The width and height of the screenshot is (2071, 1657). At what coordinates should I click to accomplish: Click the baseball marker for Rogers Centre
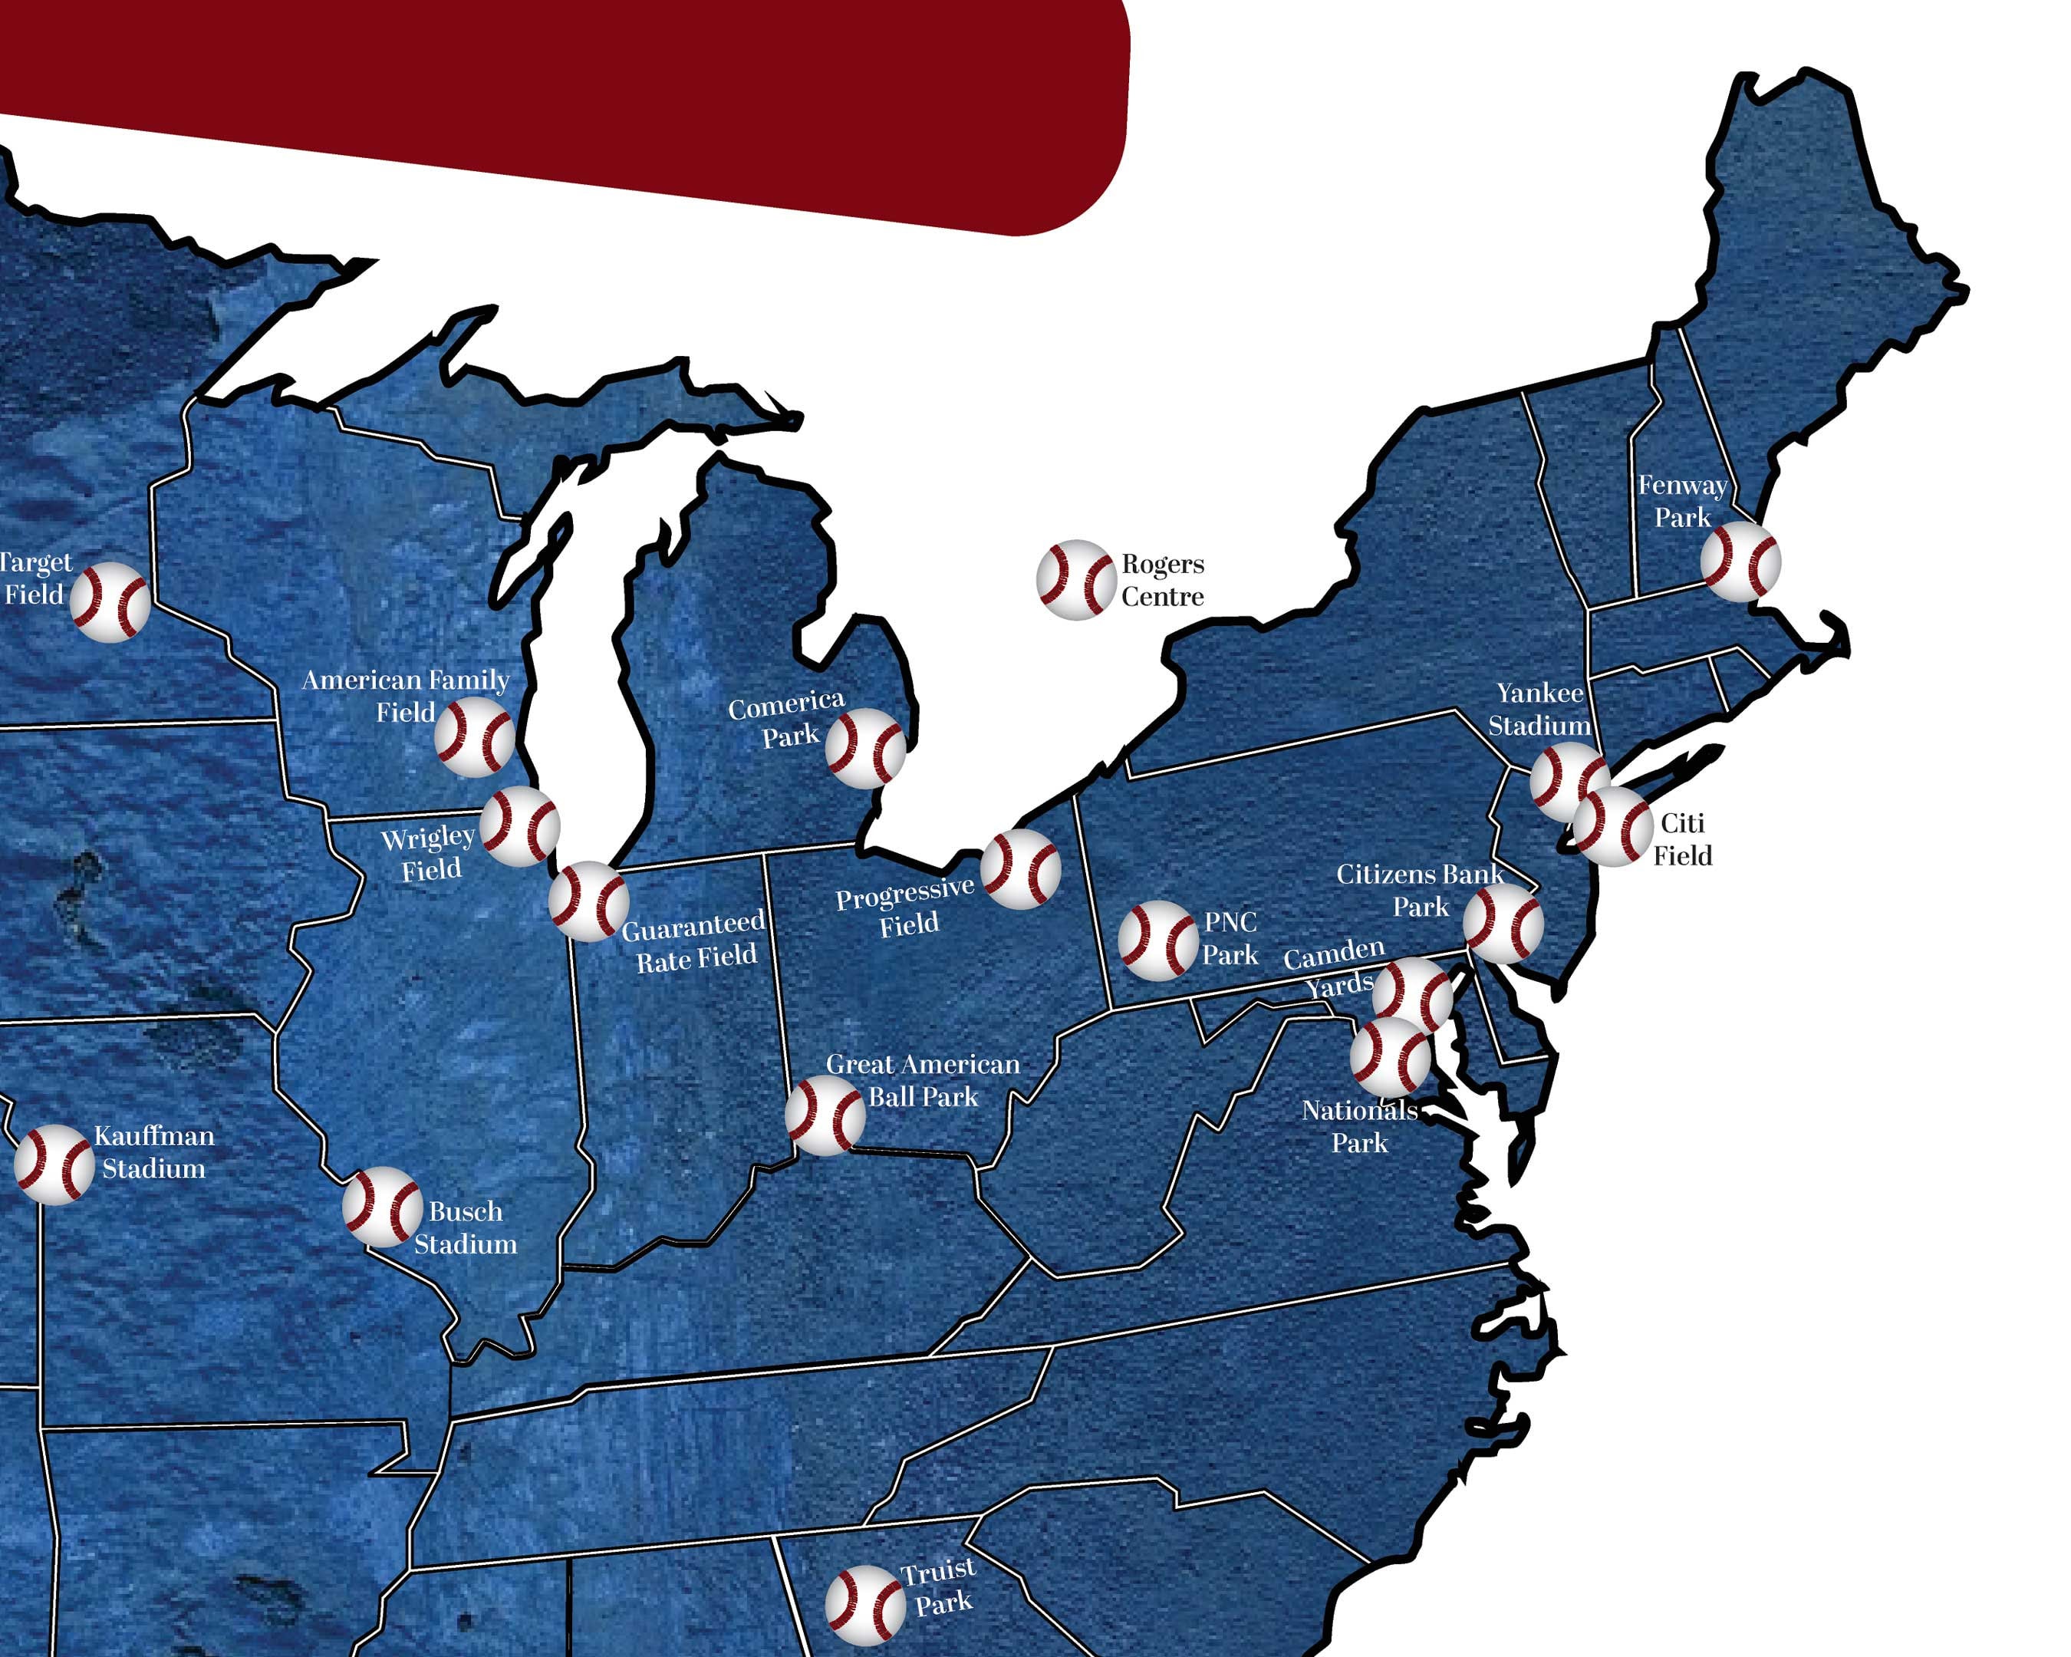[1076, 579]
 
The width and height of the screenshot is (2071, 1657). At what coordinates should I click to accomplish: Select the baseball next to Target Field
[110, 602]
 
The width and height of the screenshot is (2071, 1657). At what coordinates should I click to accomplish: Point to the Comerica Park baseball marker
[865, 748]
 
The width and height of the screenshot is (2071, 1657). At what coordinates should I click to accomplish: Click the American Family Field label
[405, 696]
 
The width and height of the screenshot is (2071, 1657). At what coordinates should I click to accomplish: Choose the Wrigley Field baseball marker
[520, 826]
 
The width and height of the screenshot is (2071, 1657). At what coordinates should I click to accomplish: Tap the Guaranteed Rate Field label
[694, 941]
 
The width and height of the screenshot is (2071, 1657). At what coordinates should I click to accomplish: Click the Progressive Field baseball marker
[1021, 869]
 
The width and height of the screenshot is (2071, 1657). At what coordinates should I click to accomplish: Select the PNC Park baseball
[1158, 941]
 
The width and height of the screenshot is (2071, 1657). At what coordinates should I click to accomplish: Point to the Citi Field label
[1682, 838]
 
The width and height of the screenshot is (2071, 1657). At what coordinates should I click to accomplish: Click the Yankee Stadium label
[1539, 709]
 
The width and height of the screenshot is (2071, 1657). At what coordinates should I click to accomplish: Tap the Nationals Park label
[1359, 1127]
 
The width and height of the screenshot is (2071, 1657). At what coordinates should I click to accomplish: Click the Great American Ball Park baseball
[825, 1115]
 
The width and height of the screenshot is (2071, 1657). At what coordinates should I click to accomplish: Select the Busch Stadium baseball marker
[382, 1207]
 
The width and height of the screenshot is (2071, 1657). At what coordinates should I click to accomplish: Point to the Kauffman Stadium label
[153, 1151]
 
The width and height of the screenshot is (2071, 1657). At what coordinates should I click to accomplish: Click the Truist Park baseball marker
[865, 1604]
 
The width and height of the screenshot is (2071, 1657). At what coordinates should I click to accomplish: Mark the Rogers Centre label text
[1162, 580]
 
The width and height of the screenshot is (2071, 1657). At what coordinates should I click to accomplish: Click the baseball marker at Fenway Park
[1740, 562]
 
